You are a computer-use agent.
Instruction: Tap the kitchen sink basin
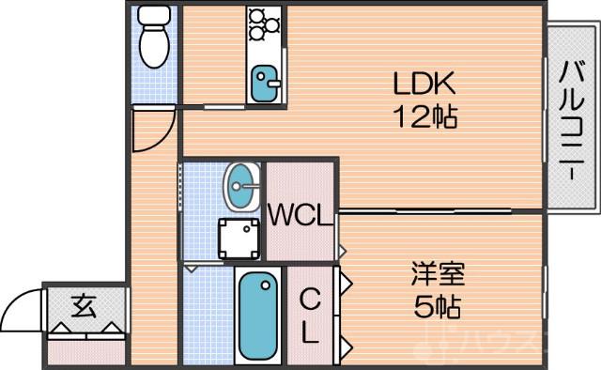pos(263,83)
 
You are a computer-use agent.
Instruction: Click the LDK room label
pos(424,85)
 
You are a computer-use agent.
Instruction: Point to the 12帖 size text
pos(424,117)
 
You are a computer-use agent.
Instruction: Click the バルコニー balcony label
pos(570,116)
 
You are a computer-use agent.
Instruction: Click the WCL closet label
pos(300,215)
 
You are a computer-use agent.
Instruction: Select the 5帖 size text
pos(438,307)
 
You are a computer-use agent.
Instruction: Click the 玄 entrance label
pos(84,305)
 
